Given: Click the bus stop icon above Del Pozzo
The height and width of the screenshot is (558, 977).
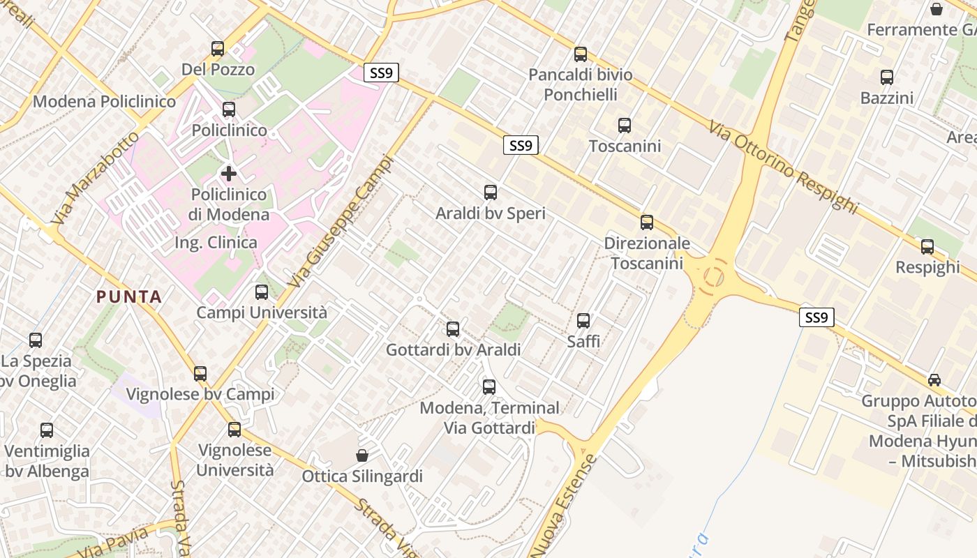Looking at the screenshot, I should point(218,49).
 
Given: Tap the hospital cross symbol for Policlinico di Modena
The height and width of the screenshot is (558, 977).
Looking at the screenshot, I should point(229,174).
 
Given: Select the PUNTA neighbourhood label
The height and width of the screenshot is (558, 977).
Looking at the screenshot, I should point(129,296).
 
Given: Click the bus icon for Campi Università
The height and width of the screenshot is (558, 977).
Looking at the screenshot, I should point(262,292).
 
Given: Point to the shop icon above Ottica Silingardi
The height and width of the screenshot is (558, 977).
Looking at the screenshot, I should point(362,455).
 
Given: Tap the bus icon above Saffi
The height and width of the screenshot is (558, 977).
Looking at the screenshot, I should point(583,321).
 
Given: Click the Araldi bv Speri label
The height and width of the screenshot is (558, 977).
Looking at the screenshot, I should point(491,213).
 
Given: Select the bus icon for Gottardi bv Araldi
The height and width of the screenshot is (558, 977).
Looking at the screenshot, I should point(453,329).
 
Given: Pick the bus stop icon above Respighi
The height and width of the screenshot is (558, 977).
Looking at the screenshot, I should point(927,246).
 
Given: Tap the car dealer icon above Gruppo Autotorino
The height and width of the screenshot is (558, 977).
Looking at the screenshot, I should point(934,380).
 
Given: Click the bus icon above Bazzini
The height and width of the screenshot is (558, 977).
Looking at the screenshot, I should point(887,77).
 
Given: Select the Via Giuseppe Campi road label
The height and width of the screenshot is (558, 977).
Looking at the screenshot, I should point(341,221).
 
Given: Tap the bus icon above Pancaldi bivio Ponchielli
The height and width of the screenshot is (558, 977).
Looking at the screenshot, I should point(580,54).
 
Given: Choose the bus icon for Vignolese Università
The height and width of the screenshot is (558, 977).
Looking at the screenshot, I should point(234,429).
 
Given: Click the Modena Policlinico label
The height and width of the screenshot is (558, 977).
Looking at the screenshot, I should point(105,102).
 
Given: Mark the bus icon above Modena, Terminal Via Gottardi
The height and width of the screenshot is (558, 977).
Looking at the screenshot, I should point(489,386).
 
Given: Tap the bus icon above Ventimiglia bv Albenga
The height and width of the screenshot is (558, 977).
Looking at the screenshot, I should point(47,430).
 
